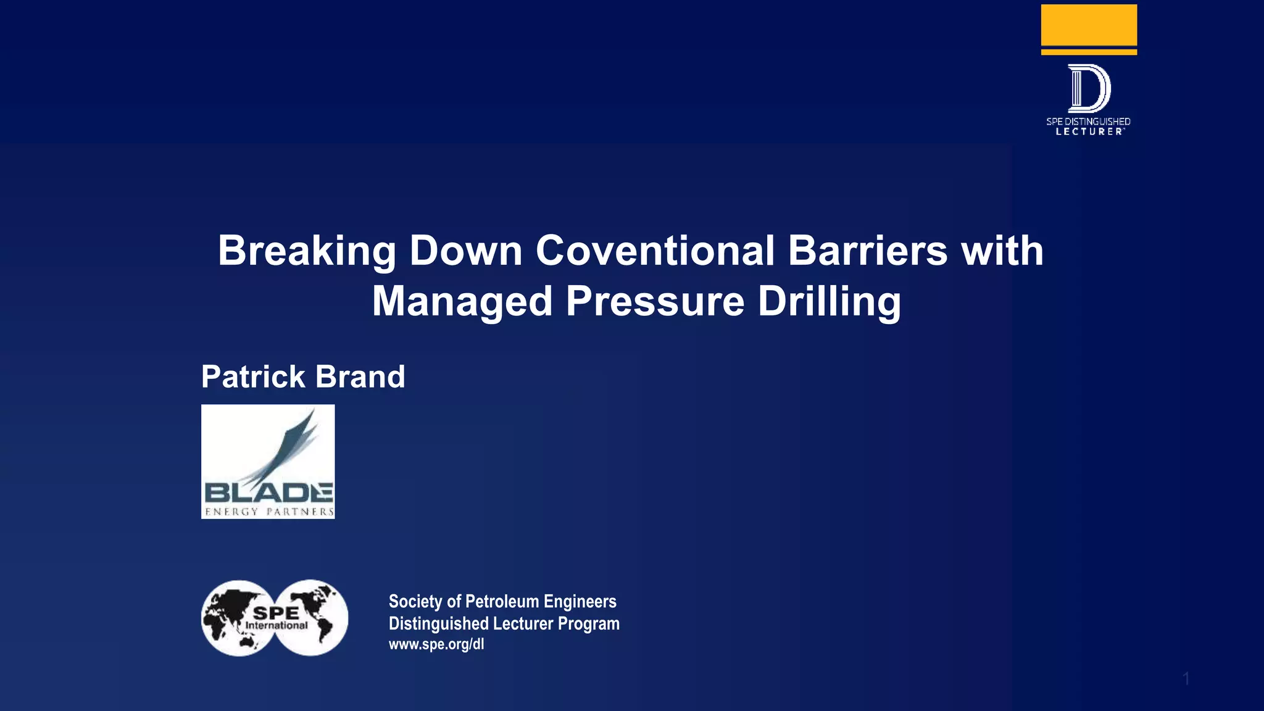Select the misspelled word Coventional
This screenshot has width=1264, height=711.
click(x=655, y=251)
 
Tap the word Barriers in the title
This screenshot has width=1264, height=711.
click(x=867, y=251)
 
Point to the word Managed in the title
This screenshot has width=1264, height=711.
click(x=462, y=301)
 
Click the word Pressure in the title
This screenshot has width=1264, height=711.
click(x=655, y=301)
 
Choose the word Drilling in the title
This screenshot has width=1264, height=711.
click(x=829, y=301)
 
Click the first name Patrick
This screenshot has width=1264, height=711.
click(x=252, y=376)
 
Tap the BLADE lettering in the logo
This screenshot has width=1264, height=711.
click(x=268, y=493)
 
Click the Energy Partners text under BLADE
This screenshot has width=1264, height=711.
click(x=268, y=512)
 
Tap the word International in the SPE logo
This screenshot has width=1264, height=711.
click(x=276, y=626)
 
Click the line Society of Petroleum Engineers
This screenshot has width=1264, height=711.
click(x=502, y=601)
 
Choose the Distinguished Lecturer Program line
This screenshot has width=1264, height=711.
click(x=504, y=623)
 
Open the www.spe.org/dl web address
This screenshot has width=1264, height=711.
click(x=436, y=644)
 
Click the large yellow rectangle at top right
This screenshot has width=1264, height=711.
click(x=1089, y=25)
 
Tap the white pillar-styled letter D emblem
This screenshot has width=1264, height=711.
click(x=1089, y=88)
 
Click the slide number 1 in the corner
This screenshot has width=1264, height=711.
click(x=1186, y=679)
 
